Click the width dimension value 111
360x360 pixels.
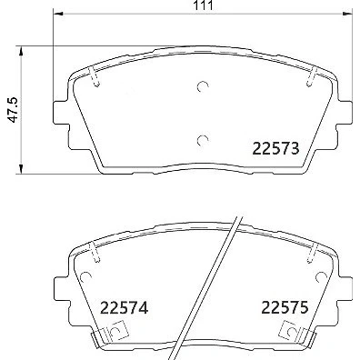[203, 5]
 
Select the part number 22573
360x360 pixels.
[275, 148]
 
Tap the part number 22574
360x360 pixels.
[124, 307]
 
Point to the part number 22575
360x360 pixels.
[285, 307]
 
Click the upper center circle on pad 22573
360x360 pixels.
[203, 86]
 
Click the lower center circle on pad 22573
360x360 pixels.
[203, 140]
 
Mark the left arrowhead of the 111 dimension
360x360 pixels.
[57, 14]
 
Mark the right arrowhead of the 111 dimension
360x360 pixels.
[348, 14]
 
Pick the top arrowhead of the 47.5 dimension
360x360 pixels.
[21, 51]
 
